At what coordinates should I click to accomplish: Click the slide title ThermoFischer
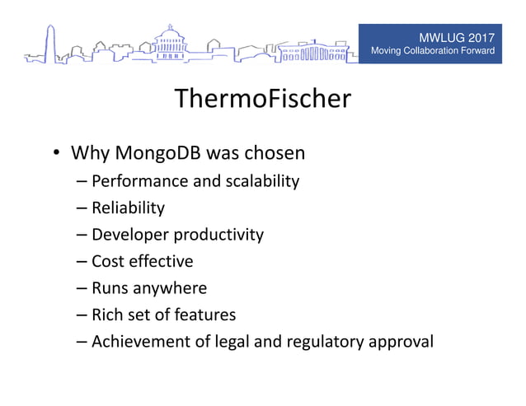pyautogui.click(x=263, y=100)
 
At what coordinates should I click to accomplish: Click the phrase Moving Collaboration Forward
pyautogui.click(x=433, y=52)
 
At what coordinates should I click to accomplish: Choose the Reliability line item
pyautogui.click(x=128, y=208)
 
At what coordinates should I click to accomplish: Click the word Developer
pyautogui.click(x=128, y=235)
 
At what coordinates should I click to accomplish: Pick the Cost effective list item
pyautogui.click(x=142, y=261)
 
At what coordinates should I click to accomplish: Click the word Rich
pyautogui.click(x=106, y=315)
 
